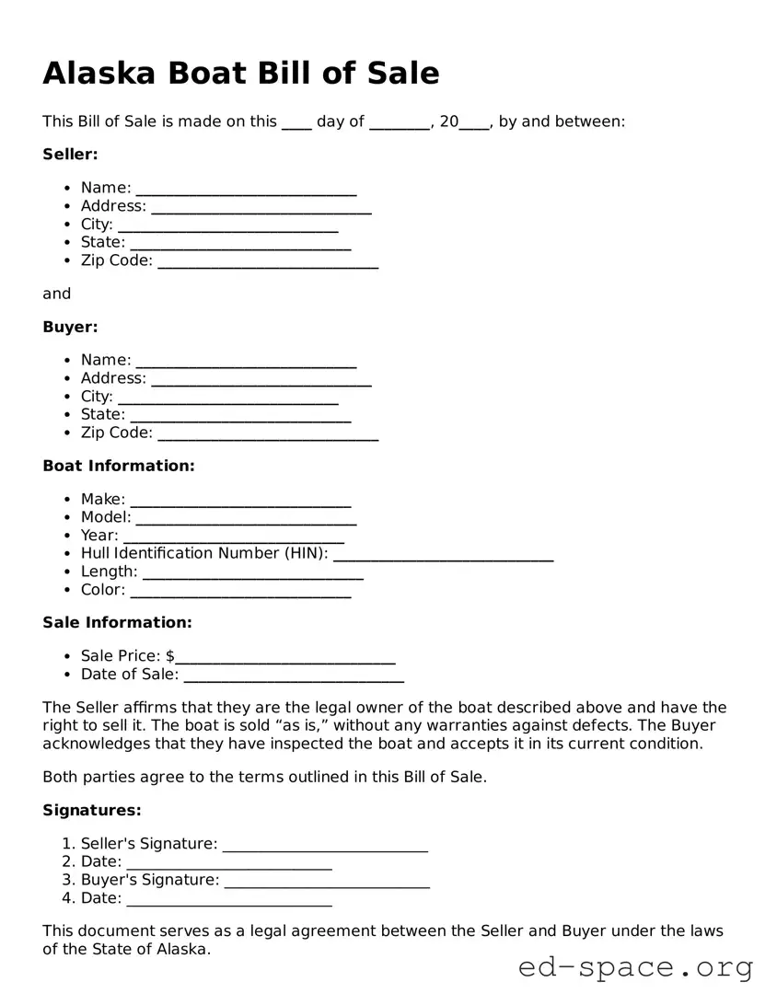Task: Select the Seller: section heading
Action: click(x=70, y=155)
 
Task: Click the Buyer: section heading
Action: click(x=70, y=327)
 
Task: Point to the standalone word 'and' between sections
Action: click(x=56, y=294)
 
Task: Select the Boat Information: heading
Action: click(x=119, y=466)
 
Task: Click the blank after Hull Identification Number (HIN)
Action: click(x=443, y=556)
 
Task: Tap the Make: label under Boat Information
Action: click(x=102, y=499)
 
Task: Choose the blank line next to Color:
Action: click(x=240, y=593)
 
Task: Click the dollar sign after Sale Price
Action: click(x=170, y=656)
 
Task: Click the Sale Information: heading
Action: click(x=117, y=622)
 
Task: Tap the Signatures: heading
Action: click(x=92, y=810)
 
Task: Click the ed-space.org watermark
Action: click(x=635, y=968)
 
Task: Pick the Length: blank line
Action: click(x=253, y=574)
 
